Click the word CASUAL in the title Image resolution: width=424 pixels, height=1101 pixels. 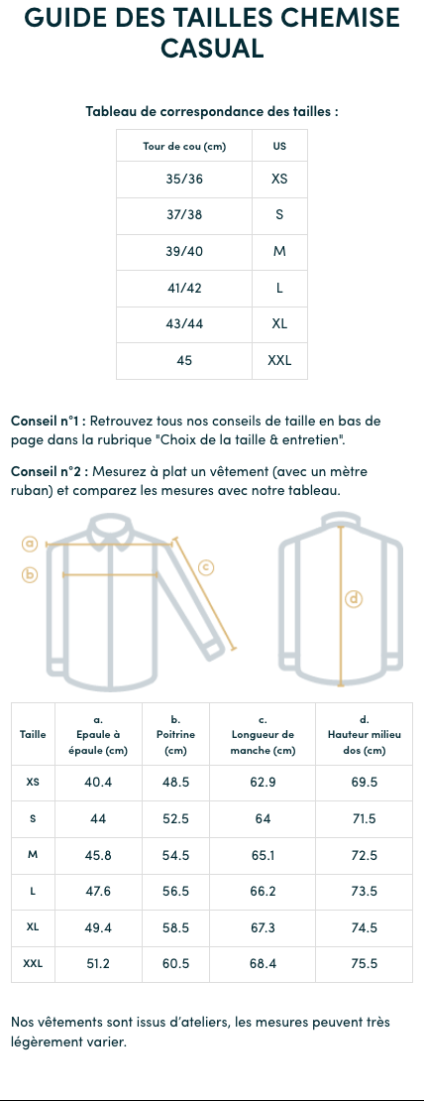click(x=212, y=48)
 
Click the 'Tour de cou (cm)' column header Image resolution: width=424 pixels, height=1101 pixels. click(x=184, y=147)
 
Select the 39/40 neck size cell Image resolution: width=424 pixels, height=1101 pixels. click(x=184, y=252)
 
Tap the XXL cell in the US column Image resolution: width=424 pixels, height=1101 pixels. click(x=279, y=361)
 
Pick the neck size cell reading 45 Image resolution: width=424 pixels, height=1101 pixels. click(x=184, y=361)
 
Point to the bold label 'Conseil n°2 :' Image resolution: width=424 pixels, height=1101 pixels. click(x=49, y=471)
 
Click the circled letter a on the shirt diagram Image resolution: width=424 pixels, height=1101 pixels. click(x=30, y=543)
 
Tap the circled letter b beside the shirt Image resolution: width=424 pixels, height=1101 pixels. click(x=30, y=574)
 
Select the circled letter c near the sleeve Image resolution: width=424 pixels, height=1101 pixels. click(x=206, y=567)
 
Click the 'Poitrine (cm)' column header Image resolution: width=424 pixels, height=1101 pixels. click(x=175, y=735)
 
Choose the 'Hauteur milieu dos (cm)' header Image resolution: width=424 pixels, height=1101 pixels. click(x=364, y=735)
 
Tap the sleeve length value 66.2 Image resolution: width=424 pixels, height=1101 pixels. click(x=263, y=891)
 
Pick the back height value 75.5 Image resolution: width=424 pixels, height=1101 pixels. click(x=364, y=963)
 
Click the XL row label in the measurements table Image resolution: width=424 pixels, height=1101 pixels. click(x=33, y=927)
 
